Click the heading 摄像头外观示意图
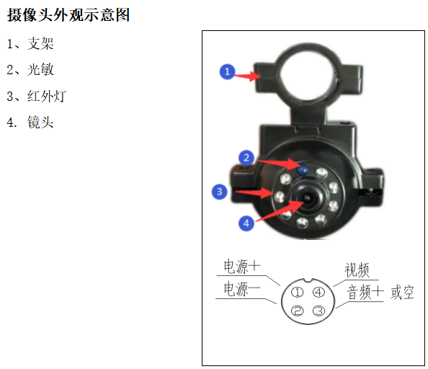coord(68,14)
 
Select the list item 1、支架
coord(30,44)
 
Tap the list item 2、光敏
coord(30,70)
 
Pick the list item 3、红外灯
coord(36,96)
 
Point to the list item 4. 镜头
coord(30,122)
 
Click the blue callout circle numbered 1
coord(227,72)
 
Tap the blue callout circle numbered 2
coord(246,158)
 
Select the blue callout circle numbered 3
coord(220,192)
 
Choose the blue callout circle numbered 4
coord(246,223)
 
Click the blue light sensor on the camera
coord(303,170)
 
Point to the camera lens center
coord(308,197)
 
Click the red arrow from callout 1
coord(247,76)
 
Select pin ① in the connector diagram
coord(298,293)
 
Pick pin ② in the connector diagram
coord(298,311)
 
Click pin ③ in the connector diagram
coord(318,311)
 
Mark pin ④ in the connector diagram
coord(318,293)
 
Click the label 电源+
coord(242,266)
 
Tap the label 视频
coord(357,270)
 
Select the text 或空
coord(402,293)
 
